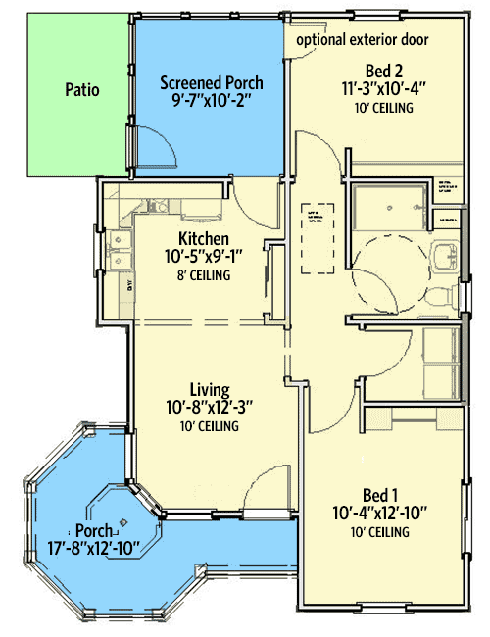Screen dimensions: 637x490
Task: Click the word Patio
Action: [83, 89]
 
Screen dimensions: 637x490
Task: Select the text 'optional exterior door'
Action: [363, 40]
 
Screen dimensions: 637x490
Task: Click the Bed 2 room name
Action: [378, 71]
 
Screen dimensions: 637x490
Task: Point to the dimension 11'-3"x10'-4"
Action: [378, 88]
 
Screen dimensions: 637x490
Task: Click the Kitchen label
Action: [204, 239]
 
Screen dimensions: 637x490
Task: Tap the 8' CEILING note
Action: [204, 276]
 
